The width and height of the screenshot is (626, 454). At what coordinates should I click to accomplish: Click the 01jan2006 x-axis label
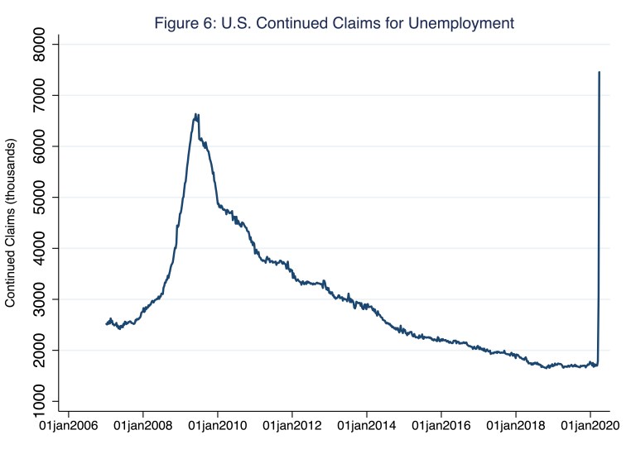click(69, 428)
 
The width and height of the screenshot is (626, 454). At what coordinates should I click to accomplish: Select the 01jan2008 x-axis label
click(143, 428)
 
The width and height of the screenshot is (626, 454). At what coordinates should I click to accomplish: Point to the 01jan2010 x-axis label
click(218, 428)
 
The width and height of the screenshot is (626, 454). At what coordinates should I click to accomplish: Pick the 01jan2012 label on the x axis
click(292, 428)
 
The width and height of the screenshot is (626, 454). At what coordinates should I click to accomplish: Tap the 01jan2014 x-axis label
click(367, 428)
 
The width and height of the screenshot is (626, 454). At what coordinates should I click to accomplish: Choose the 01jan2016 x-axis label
click(441, 428)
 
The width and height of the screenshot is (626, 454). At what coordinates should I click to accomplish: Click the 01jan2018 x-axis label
click(516, 428)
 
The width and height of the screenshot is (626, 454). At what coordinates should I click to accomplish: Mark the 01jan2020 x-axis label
click(590, 428)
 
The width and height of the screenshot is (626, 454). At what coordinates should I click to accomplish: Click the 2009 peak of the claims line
click(195, 114)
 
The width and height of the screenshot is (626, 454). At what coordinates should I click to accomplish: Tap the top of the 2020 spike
click(599, 72)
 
